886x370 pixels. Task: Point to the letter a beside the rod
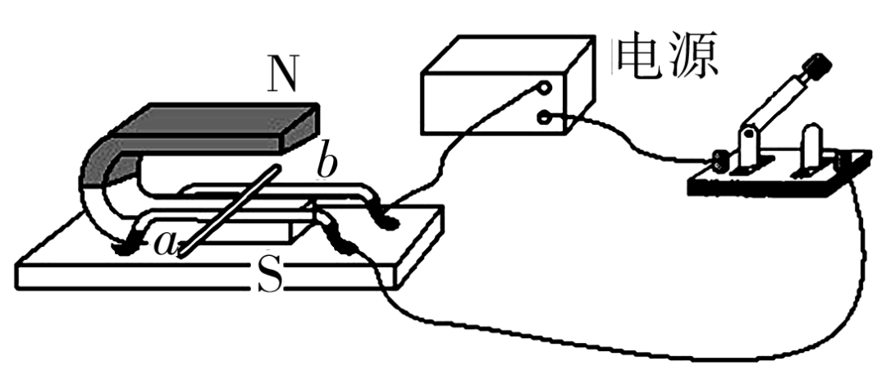(x=163, y=243)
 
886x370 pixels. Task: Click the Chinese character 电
(x=644, y=55)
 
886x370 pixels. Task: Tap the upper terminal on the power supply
(x=542, y=86)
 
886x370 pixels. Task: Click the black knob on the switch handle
(x=816, y=65)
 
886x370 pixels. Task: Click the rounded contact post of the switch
(x=808, y=139)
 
